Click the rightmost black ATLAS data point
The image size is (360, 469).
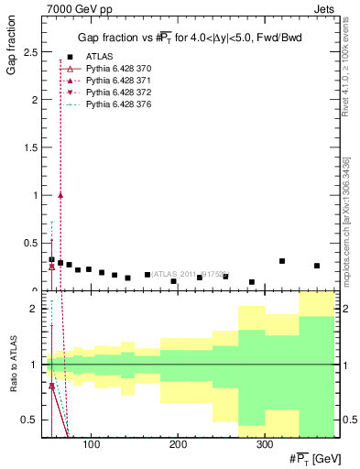coord(317,266)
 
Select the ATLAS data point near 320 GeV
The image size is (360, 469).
coord(282,261)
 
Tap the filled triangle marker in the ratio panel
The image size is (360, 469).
coord(52,386)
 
